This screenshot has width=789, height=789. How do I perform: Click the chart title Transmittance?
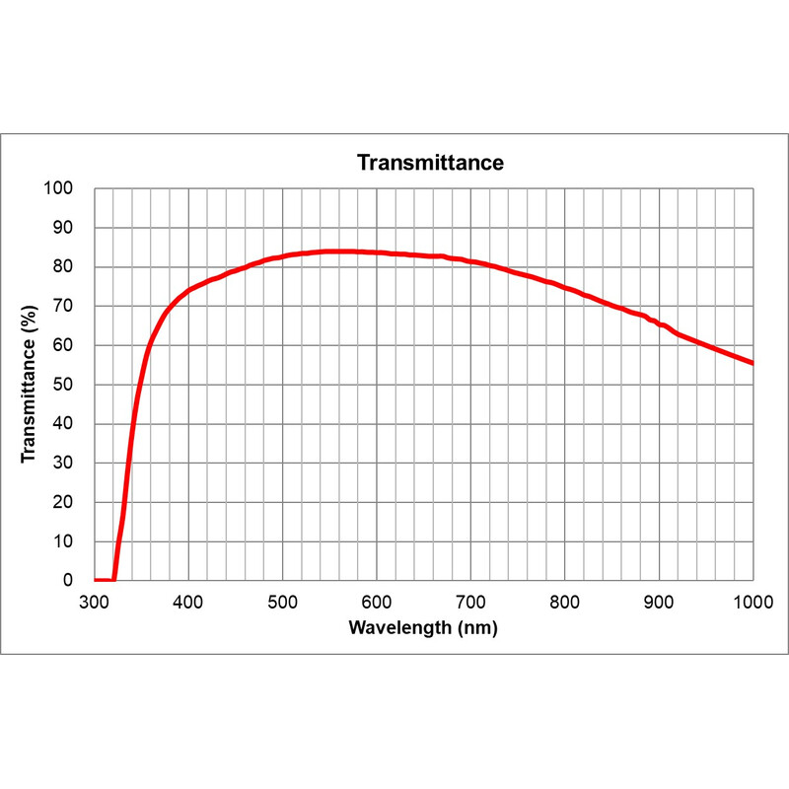[x=430, y=163]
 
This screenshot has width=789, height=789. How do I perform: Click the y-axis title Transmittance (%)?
[x=31, y=385]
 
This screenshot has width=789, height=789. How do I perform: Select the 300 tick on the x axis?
[x=95, y=602]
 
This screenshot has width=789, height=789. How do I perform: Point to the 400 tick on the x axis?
[x=188, y=602]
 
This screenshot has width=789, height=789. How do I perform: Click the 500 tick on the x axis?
[x=283, y=602]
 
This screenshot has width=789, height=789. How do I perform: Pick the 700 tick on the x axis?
[x=470, y=602]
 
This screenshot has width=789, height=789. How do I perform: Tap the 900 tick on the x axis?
[x=659, y=602]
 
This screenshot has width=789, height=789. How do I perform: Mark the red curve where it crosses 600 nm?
[x=377, y=252]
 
